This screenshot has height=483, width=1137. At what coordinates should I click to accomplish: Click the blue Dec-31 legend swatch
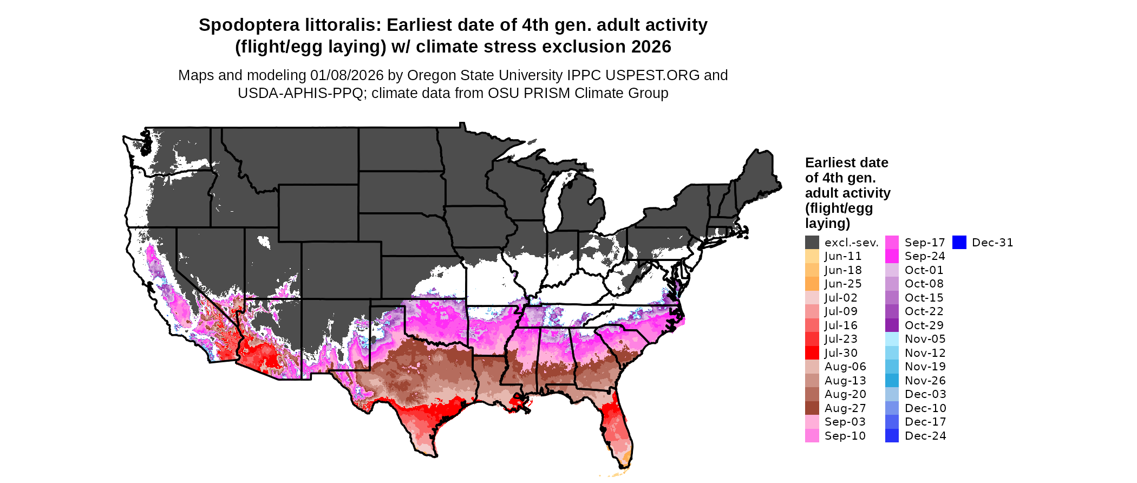pyautogui.click(x=959, y=243)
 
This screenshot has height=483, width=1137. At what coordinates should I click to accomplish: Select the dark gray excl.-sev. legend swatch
pyautogui.click(x=812, y=243)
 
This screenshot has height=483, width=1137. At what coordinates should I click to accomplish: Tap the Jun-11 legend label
pyautogui.click(x=842, y=256)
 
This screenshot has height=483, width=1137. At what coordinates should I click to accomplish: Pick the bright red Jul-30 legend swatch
pyautogui.click(x=812, y=353)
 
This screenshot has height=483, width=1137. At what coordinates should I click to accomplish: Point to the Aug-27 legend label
pyautogui.click(x=845, y=408)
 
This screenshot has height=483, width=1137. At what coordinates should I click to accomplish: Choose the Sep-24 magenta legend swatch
pyautogui.click(x=892, y=256)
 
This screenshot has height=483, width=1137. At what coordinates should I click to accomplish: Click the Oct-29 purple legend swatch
pyautogui.click(x=892, y=325)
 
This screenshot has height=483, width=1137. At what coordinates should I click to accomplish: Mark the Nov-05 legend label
pyautogui.click(x=925, y=339)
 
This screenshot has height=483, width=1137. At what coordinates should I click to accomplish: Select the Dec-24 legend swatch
pyautogui.click(x=892, y=436)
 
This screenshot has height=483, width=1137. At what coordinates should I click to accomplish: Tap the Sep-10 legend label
pyautogui.click(x=845, y=436)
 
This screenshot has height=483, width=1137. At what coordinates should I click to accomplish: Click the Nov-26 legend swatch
pyautogui.click(x=892, y=381)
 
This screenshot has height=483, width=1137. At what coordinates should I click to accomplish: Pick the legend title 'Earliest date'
pyautogui.click(x=846, y=162)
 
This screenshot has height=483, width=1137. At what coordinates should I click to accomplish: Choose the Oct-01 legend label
pyautogui.click(x=924, y=270)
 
